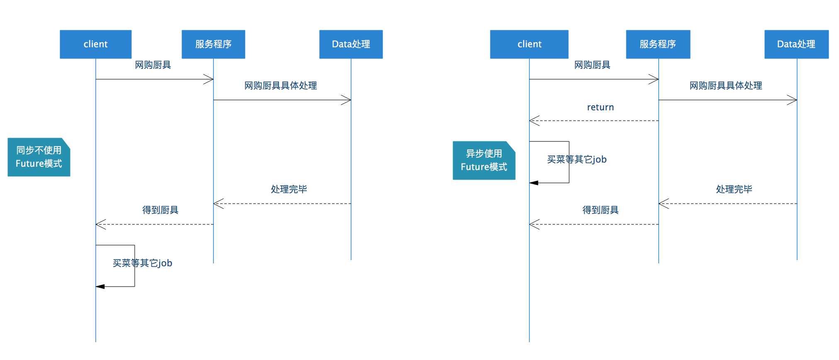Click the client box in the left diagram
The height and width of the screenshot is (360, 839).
point(95,44)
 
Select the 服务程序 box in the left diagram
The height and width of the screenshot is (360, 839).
point(213,44)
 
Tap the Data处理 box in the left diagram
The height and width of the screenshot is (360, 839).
point(351,44)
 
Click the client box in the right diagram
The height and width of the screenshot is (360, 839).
point(529,44)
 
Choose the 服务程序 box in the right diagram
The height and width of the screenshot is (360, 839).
point(658,44)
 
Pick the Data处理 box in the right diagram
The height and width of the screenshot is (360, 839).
point(796,44)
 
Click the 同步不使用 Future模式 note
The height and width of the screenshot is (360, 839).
point(39,157)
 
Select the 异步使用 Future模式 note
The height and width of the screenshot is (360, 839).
point(484,161)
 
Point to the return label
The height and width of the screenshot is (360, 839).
point(600,107)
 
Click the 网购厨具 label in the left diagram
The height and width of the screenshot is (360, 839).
point(153,65)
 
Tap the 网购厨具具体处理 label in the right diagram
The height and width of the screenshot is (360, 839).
point(725,86)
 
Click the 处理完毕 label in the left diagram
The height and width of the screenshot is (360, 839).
point(289,190)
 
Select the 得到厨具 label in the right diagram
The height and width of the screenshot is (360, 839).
point(600,210)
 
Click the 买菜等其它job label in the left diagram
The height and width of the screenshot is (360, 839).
point(143,263)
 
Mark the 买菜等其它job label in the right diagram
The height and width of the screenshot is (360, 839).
point(577,160)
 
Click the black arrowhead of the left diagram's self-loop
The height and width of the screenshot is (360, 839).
point(100,287)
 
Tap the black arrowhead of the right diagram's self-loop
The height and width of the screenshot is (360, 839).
point(533,183)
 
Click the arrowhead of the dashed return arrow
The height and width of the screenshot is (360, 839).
point(533,121)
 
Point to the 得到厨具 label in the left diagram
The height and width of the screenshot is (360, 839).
point(160,210)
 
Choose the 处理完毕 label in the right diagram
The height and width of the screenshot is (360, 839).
point(734,190)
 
